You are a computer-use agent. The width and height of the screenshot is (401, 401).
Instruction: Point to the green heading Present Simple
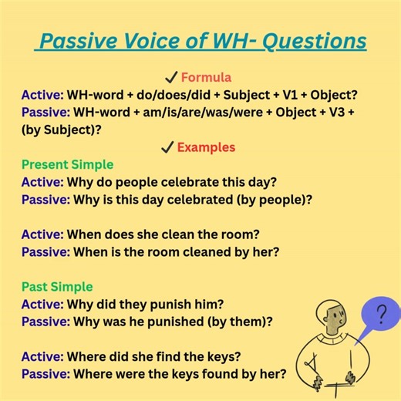67,164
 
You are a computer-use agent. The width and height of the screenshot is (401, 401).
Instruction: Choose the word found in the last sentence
216,374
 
